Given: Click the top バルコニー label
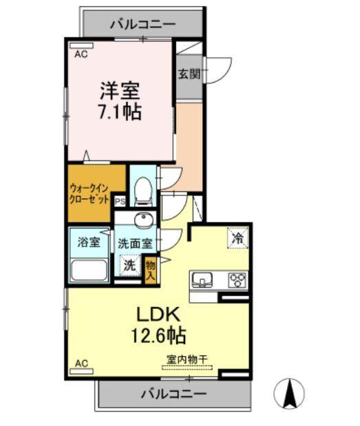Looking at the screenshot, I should [142, 25].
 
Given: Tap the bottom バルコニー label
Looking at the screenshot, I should [174, 394].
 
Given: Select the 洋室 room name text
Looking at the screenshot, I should [120, 90].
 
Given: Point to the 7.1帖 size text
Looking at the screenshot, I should [120, 111].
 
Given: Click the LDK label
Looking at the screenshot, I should [158, 315].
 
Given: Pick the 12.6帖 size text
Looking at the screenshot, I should [158, 337].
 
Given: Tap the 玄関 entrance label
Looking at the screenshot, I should [188, 73].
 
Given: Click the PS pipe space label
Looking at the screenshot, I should [120, 202].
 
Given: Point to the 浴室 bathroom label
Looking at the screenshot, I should [88, 242].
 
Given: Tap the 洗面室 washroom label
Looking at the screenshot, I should [135, 243].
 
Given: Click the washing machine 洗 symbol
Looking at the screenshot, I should [129, 263].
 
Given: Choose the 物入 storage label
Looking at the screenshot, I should [151, 268].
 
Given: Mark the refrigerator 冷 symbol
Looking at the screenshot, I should [237, 239].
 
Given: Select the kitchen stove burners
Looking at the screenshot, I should [237, 279].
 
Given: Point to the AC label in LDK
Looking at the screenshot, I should [81, 363].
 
